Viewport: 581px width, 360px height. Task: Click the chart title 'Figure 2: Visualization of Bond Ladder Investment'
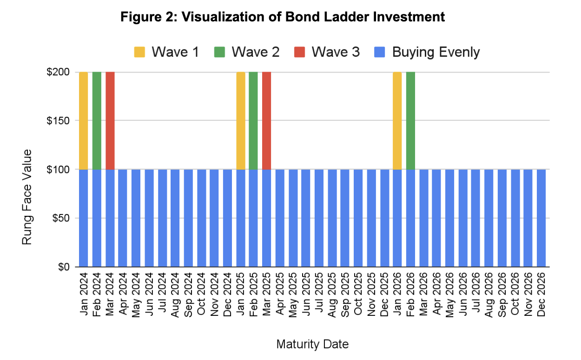point(283,17)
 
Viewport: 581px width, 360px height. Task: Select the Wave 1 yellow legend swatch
point(139,52)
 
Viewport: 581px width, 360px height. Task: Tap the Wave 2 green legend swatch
point(220,52)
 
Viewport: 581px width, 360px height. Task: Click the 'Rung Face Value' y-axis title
point(27,197)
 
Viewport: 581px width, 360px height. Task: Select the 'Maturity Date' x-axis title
point(312,345)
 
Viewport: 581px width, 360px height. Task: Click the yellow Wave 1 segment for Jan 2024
point(83,120)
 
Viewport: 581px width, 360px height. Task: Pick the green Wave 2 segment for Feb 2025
point(253,120)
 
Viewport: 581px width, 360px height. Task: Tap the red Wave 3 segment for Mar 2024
point(110,120)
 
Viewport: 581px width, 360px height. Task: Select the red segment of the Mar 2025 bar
point(266,120)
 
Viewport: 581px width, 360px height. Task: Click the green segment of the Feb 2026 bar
point(410,120)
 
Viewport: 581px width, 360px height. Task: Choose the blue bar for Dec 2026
point(541,218)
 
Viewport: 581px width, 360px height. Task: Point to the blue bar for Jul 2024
point(162,218)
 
